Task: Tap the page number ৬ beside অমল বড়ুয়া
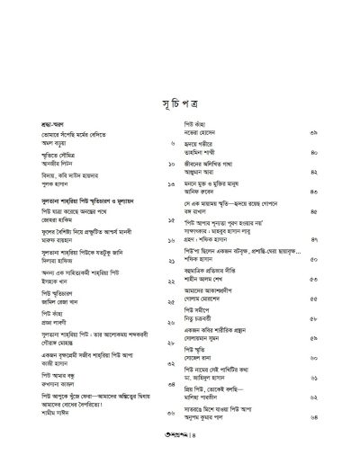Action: [x=172, y=144]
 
